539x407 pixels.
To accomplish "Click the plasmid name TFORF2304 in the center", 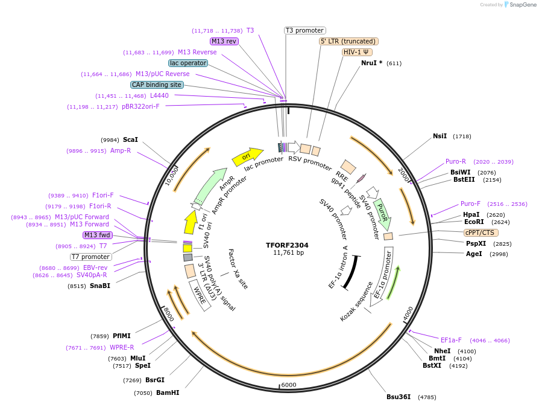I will coord(287,245).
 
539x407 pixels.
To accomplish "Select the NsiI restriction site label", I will coord(440,136).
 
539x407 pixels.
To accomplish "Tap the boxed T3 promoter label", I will coord(304,30).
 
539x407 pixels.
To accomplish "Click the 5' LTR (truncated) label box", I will coord(348,41).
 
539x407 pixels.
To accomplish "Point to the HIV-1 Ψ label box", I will coord(356,52).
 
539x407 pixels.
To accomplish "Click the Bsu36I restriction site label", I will coord(399,397).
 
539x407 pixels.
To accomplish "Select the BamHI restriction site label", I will coord(168,393).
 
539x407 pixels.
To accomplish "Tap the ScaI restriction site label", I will coord(130,139).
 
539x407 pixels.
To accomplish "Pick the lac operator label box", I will coord(188,63).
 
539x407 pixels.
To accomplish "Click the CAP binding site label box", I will coord(157,85).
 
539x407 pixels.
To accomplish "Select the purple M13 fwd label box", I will coord(98,235).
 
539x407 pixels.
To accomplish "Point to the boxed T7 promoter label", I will coord(90,257).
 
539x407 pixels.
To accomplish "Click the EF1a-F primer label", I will coord(451,340).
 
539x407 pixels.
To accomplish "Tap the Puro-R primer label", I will coord(456,161).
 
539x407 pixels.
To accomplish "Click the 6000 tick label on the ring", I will coord(289,385).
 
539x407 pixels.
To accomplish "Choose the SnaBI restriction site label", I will coord(100,286).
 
